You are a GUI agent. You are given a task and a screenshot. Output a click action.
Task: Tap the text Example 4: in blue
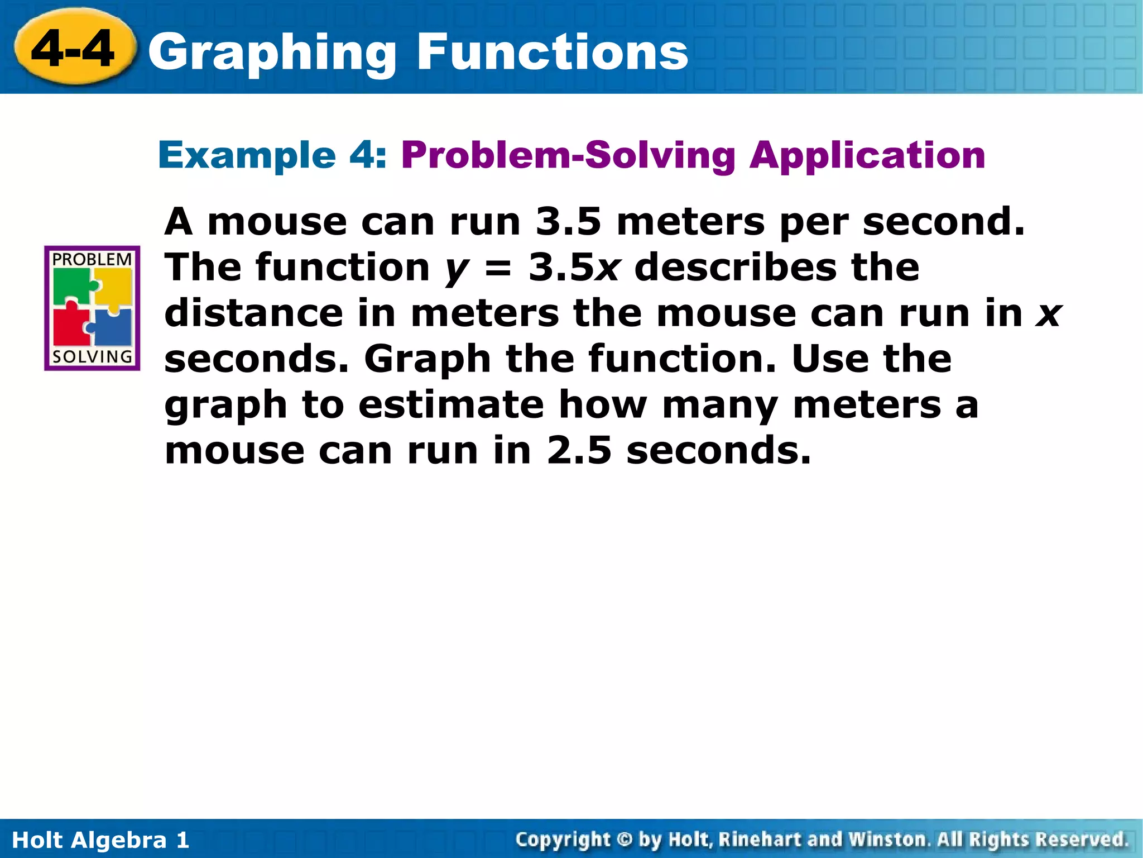point(272,155)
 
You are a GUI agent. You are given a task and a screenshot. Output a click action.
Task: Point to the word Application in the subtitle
point(867,156)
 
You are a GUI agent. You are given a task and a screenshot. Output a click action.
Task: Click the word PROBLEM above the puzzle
point(92,260)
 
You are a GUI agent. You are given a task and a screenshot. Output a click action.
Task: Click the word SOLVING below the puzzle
point(92,356)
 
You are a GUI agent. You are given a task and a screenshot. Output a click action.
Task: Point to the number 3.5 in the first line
point(568,222)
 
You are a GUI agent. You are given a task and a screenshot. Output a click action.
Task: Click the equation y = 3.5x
point(533,268)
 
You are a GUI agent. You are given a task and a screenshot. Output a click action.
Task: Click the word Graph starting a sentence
point(428,360)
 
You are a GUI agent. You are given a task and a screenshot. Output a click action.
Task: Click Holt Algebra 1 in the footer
point(100,840)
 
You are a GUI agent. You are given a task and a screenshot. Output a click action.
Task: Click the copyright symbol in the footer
point(625,839)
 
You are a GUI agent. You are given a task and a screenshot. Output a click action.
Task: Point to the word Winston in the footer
point(887,839)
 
